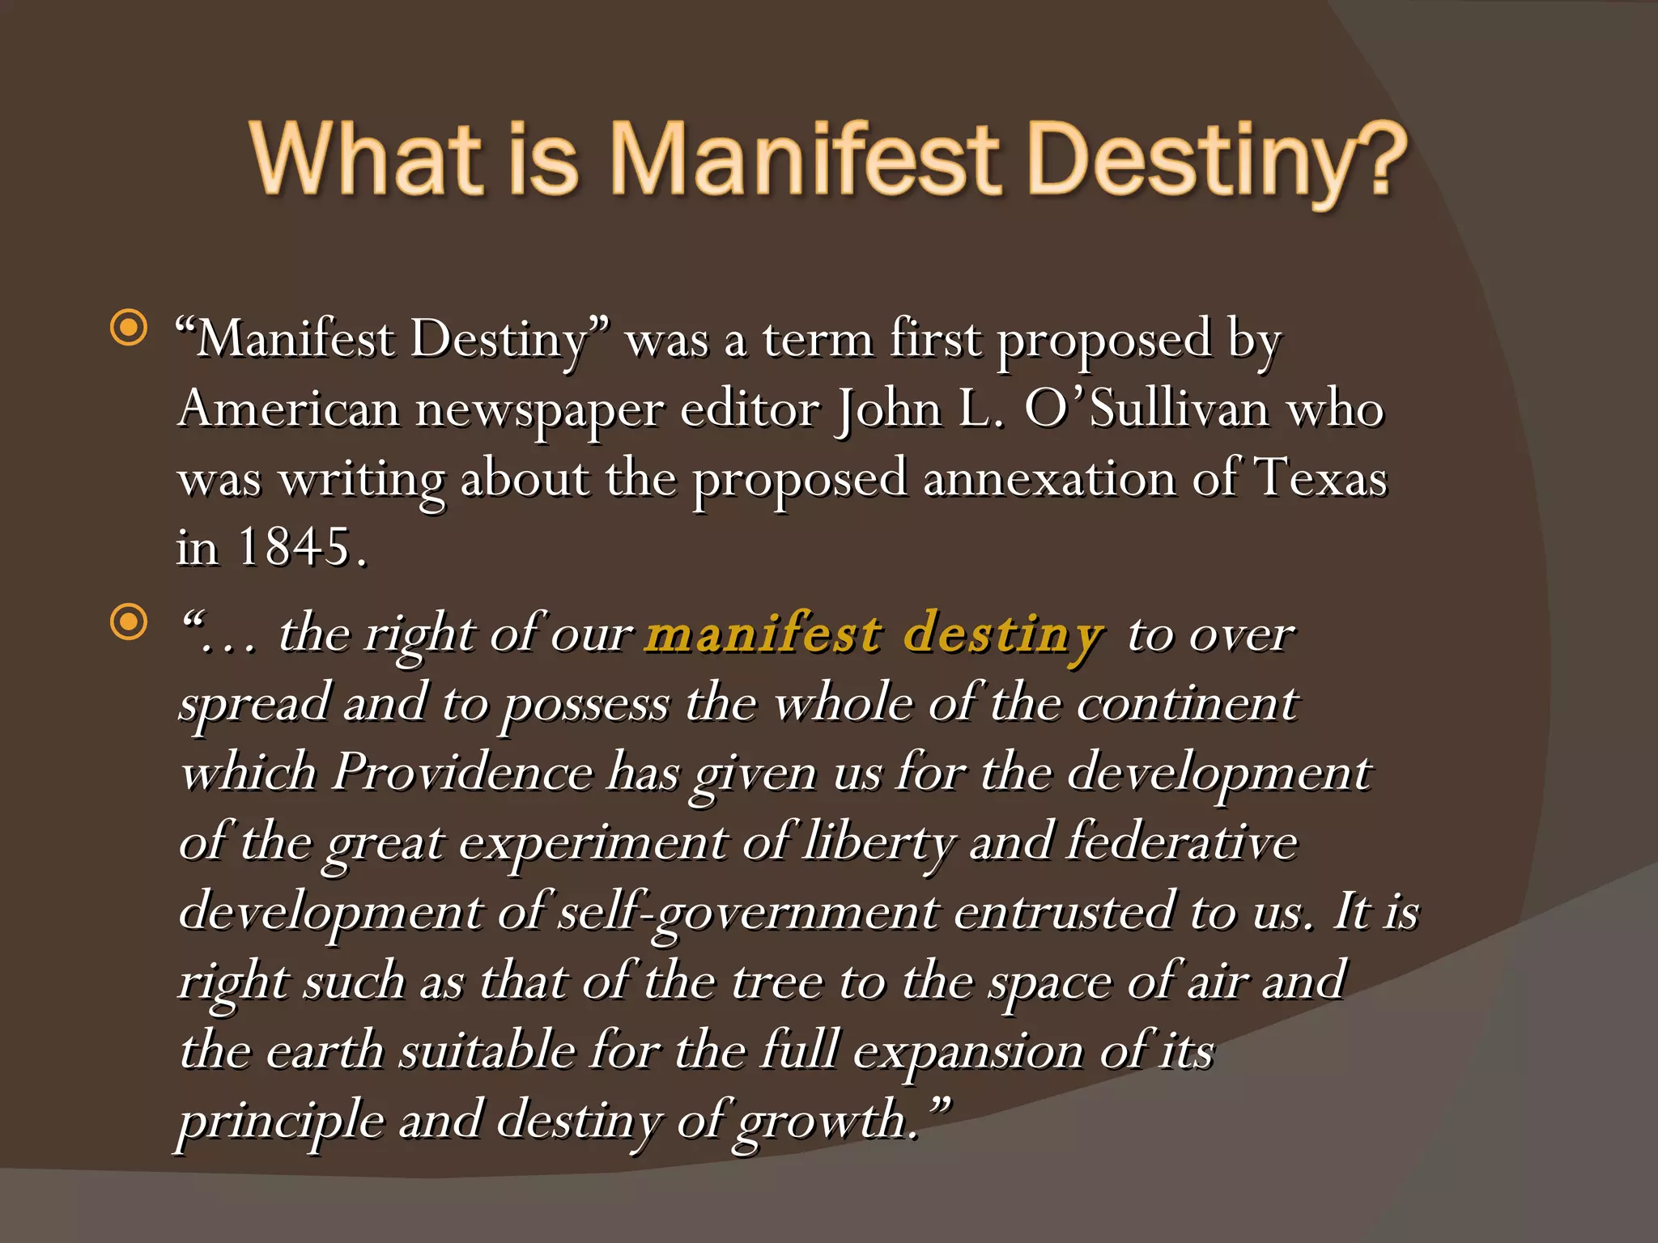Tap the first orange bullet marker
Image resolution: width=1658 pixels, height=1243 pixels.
(129, 329)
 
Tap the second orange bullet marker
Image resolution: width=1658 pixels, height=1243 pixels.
(129, 622)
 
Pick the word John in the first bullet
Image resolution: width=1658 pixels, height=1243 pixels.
(889, 408)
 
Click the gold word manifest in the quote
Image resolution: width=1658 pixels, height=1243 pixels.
(763, 633)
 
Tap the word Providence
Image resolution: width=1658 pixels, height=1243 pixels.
(462, 771)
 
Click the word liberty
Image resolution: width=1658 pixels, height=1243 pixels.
(879, 842)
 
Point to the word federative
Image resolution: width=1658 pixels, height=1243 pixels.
(1182, 841)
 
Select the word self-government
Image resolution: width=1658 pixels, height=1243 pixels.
(749, 912)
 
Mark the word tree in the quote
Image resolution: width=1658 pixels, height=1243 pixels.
(776, 982)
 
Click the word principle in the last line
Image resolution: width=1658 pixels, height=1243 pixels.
(281, 1122)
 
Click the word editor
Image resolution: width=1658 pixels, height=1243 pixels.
(750, 408)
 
